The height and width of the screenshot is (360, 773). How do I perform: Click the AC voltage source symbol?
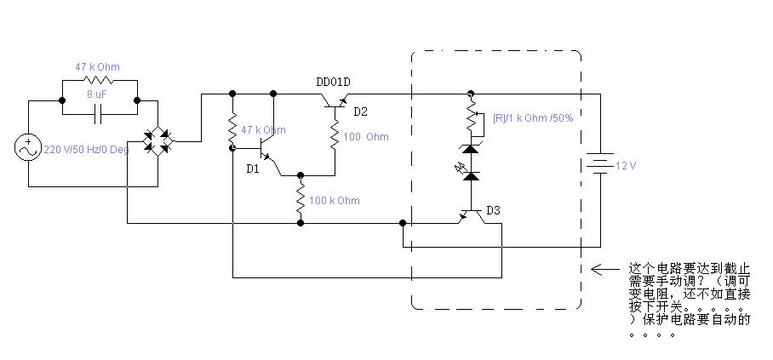click(28, 148)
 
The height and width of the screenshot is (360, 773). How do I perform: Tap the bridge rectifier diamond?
click(158, 141)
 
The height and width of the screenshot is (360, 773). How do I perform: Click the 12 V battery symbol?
click(600, 163)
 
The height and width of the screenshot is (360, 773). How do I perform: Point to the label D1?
click(253, 169)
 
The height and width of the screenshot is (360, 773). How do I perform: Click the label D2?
click(360, 111)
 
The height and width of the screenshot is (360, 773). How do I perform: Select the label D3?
click(493, 210)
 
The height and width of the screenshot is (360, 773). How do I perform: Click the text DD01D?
click(333, 82)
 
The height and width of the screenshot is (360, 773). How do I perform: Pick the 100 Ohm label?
click(366, 137)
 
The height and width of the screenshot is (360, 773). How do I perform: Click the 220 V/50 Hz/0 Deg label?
click(86, 150)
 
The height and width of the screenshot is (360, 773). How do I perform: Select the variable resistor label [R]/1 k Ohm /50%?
click(533, 118)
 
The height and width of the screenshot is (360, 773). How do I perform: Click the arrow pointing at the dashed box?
click(605, 269)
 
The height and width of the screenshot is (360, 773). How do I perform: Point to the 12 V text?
click(626, 166)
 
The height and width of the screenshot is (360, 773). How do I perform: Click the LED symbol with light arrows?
click(469, 174)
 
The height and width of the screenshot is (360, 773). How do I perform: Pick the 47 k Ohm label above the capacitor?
click(97, 66)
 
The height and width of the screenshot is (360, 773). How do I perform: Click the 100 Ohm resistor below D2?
click(335, 135)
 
